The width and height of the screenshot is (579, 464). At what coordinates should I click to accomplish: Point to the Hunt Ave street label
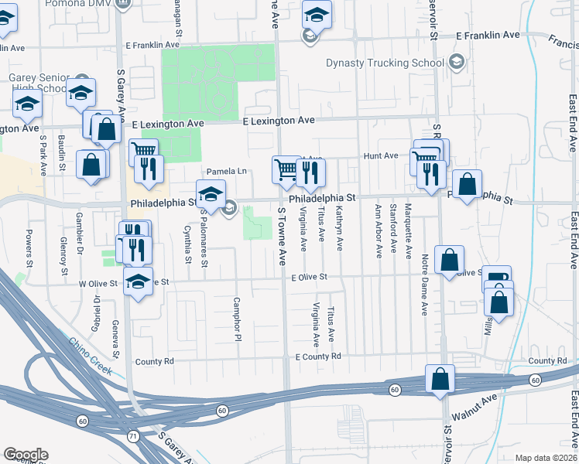(380, 155)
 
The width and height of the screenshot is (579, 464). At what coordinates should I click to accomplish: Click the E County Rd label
(318, 357)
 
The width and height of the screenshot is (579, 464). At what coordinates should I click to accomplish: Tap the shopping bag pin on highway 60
(440, 380)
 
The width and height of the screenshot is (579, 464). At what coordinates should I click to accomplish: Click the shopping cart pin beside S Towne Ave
(285, 168)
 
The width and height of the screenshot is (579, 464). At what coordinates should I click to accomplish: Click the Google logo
(26, 455)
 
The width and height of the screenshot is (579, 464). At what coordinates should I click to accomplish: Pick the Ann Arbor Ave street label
(379, 230)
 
